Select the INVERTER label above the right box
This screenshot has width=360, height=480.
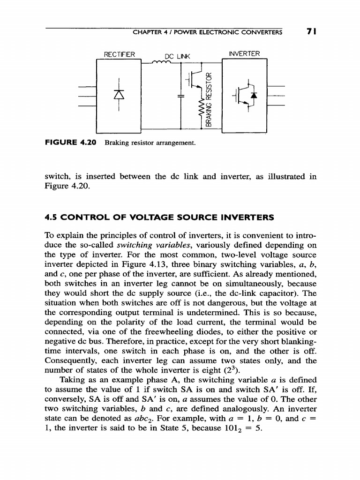(x=243, y=53)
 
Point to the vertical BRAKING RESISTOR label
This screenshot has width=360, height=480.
(x=209, y=98)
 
